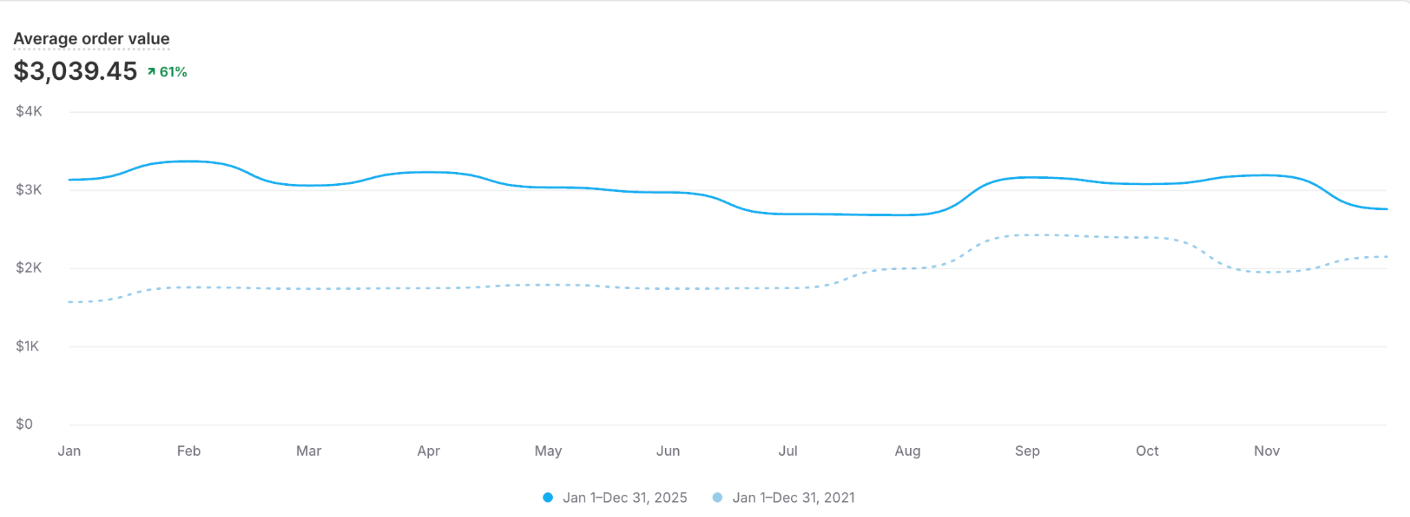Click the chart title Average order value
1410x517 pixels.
pos(92,39)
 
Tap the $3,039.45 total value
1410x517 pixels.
pos(76,72)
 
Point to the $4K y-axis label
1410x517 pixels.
pos(29,112)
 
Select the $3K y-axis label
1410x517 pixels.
pos(29,190)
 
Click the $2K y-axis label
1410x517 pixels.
pos(29,268)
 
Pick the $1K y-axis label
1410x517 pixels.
pos(28,346)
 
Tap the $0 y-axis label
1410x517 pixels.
pos(24,424)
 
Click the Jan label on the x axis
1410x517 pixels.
pos(69,451)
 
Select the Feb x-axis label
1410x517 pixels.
pos(189,451)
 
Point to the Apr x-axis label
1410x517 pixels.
pos(428,451)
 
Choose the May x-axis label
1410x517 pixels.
pos(548,451)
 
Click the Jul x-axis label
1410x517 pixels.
pos(788,451)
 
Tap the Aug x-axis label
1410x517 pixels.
pos(907,451)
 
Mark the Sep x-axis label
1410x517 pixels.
pos(1027,451)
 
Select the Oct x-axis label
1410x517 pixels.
pos(1147,451)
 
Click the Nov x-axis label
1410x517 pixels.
pos(1267,451)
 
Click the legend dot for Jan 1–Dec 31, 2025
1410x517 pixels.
pos(548,498)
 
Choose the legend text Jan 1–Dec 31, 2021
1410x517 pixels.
pos(794,498)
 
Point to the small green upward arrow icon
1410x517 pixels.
pos(151,72)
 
